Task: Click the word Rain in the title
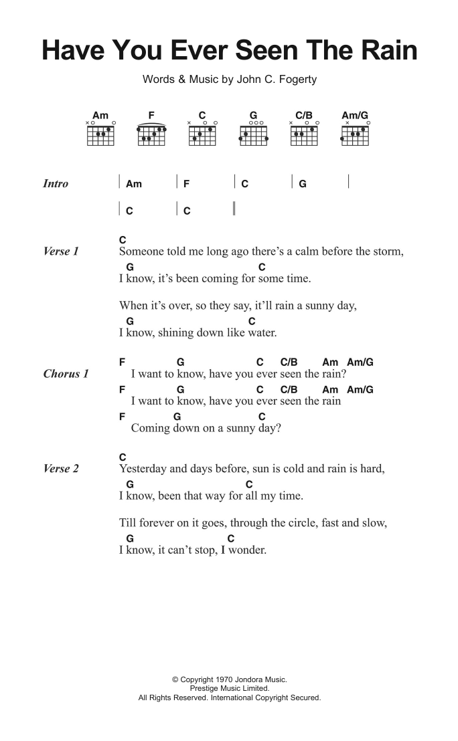tap(385, 51)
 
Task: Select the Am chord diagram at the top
tap(100, 134)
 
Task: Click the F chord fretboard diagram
tap(151, 134)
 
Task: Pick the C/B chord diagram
tap(304, 134)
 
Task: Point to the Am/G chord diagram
tap(355, 134)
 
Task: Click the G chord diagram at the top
tap(253, 134)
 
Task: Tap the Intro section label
tap(56, 184)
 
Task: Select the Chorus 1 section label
tap(66, 374)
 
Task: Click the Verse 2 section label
tap(61, 469)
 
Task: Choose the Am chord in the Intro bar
tap(133, 184)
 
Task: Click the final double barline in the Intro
tap(234, 209)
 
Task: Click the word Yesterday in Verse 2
tap(144, 469)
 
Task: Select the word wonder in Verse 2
tap(248, 550)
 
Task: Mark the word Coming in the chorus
tap(150, 429)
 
